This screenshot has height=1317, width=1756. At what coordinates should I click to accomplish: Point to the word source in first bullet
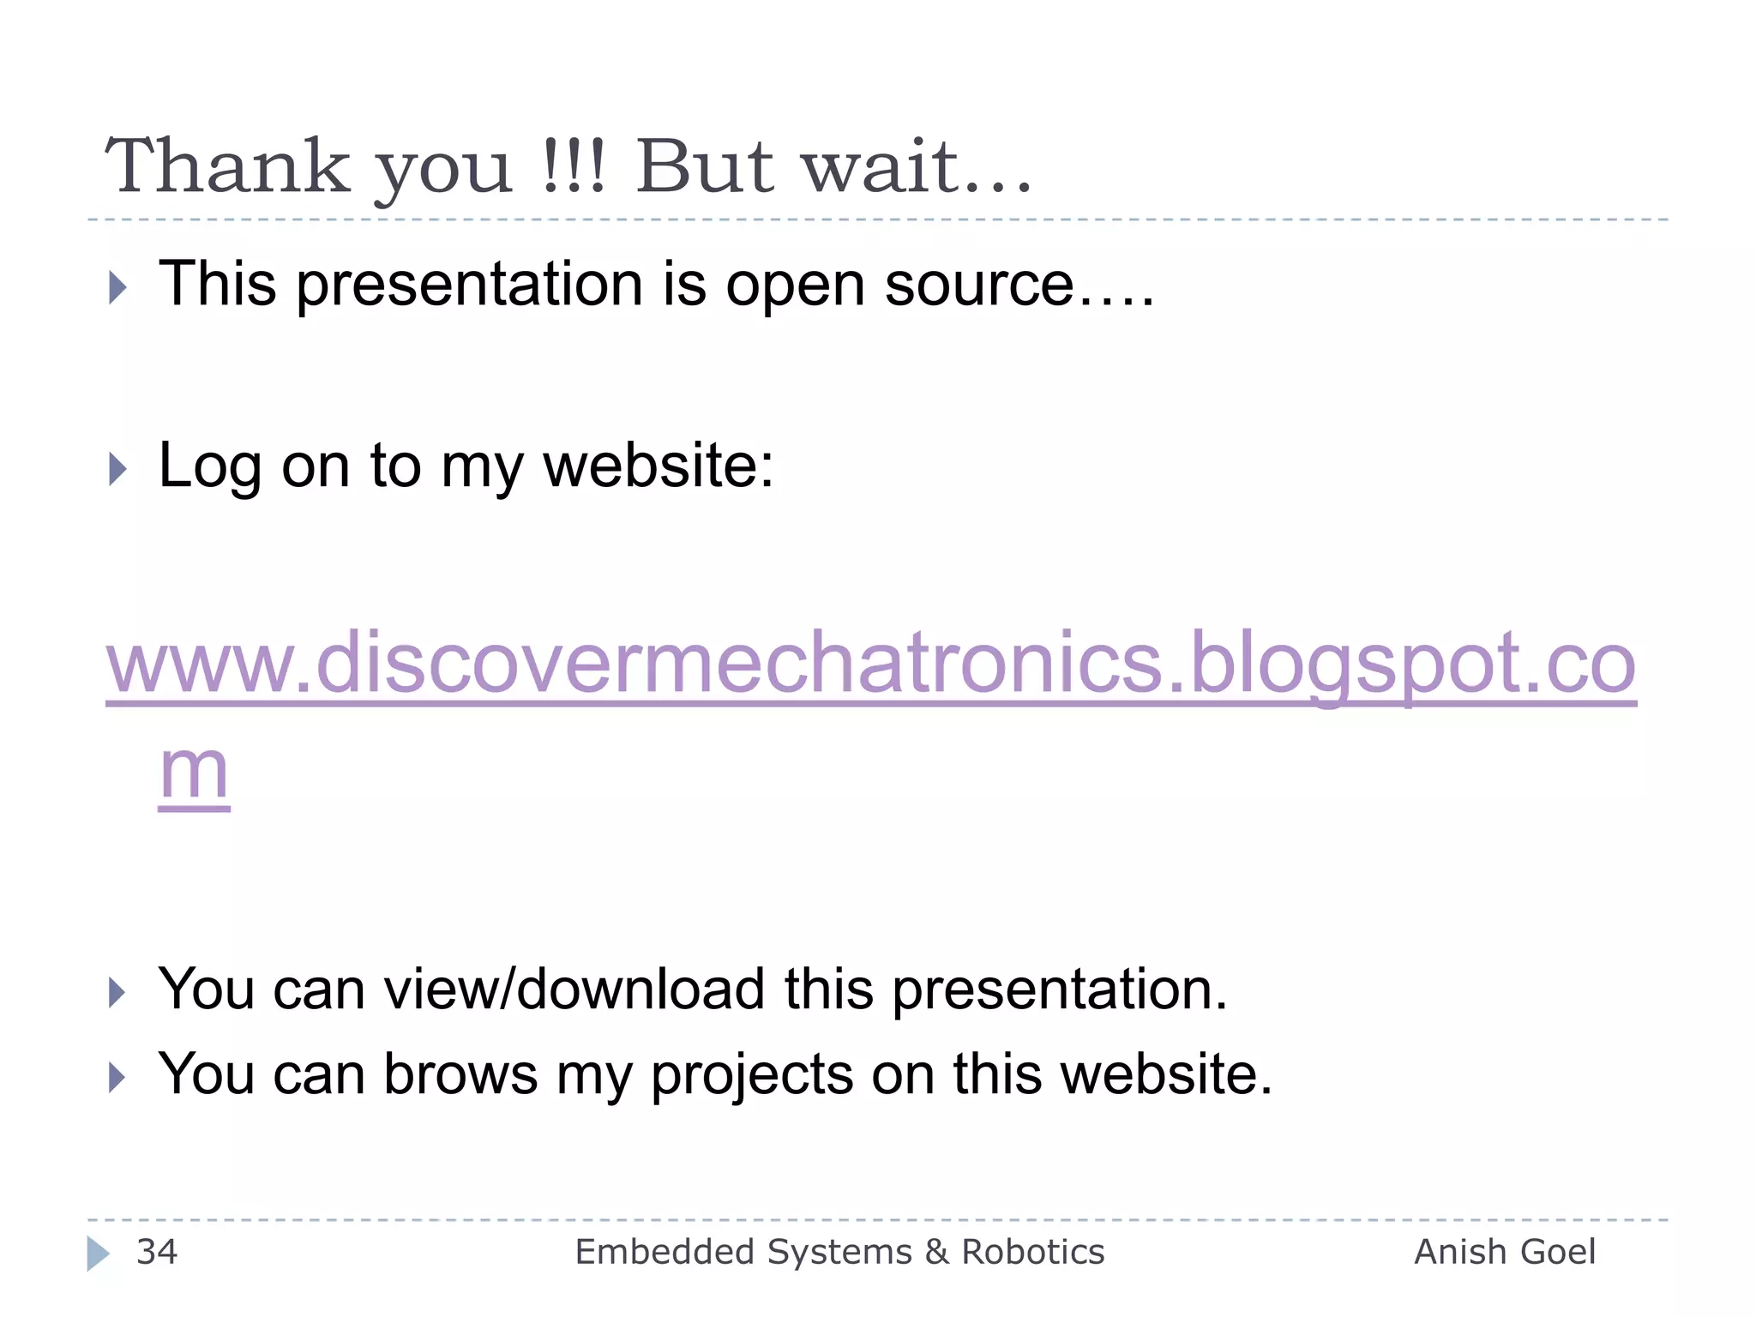coord(978,286)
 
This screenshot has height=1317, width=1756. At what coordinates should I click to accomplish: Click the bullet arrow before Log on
coord(117,469)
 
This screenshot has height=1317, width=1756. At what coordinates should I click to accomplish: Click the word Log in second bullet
coord(209,467)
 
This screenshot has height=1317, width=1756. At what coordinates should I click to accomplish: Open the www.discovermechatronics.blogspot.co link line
coord(870,663)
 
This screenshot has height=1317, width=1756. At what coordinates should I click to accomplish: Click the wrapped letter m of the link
coord(195,770)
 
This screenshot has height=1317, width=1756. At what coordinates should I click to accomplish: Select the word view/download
coord(574,989)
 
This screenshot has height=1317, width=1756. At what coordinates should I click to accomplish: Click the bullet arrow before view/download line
coord(117,993)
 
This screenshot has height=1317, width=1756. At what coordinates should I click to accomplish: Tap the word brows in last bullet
coord(460,1073)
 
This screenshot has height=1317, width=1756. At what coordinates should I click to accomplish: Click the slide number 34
coord(157,1252)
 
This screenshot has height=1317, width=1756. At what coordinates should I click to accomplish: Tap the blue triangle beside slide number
coord(98,1254)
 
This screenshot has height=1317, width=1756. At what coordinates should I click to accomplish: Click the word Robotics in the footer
coord(1032,1252)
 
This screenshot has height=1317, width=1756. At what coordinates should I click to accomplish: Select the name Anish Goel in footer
coord(1504,1252)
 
